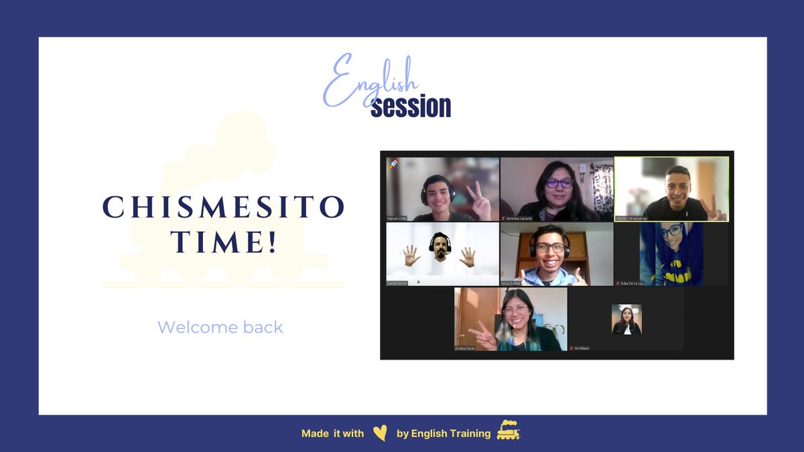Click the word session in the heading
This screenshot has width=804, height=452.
pyautogui.click(x=411, y=106)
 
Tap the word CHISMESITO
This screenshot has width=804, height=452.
pyautogui.click(x=223, y=208)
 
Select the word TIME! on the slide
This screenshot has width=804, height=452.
pyautogui.click(x=224, y=242)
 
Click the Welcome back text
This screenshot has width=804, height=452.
pyautogui.click(x=220, y=327)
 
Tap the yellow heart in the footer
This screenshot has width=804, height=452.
pyautogui.click(x=380, y=433)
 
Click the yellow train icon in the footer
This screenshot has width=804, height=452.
pyautogui.click(x=509, y=431)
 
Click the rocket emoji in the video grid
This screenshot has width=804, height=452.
pyautogui.click(x=394, y=164)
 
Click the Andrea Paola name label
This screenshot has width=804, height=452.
pyautogui.click(x=466, y=348)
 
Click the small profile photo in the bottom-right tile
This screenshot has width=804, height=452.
pyautogui.click(x=626, y=319)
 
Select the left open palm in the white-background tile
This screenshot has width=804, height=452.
pyautogui.click(x=411, y=255)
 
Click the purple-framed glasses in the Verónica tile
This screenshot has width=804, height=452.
pyautogui.click(x=559, y=182)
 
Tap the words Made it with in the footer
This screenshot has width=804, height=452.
pyautogui.click(x=332, y=433)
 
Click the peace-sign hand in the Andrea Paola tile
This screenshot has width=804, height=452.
pyautogui.click(x=484, y=335)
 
